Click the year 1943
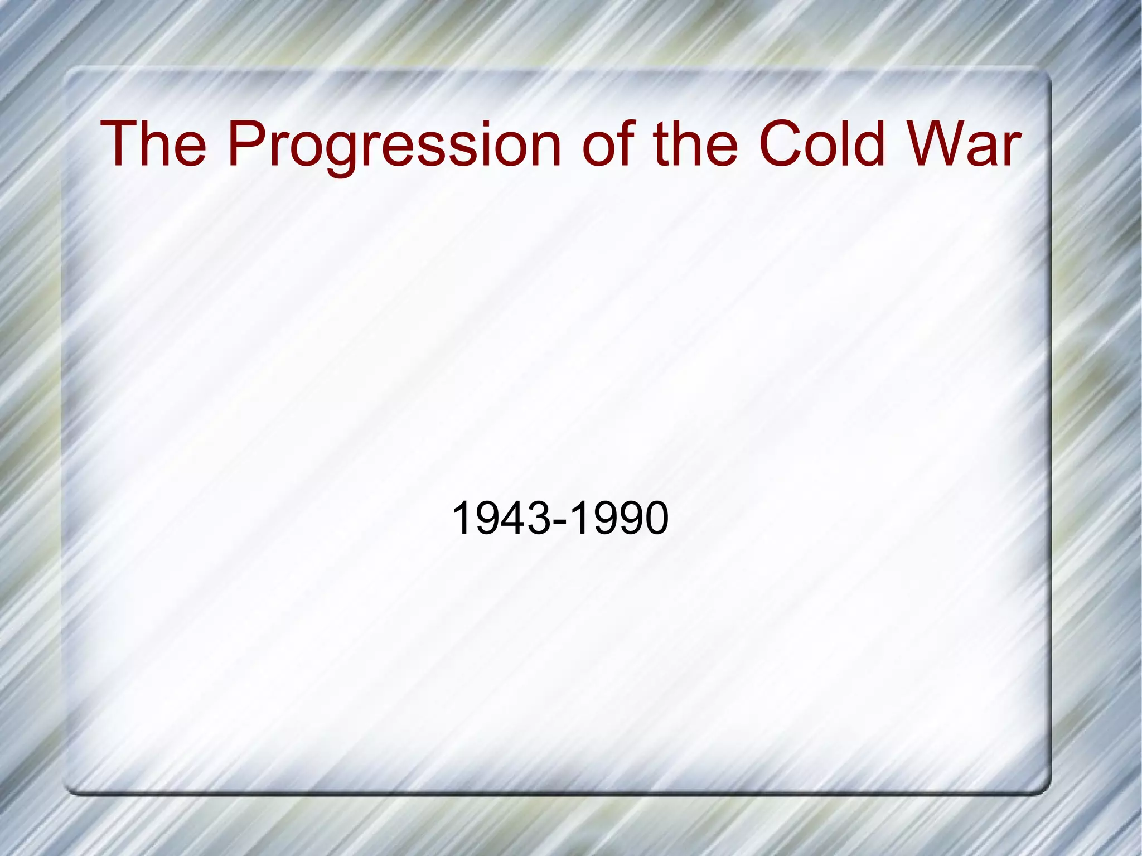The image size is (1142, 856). [500, 518]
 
